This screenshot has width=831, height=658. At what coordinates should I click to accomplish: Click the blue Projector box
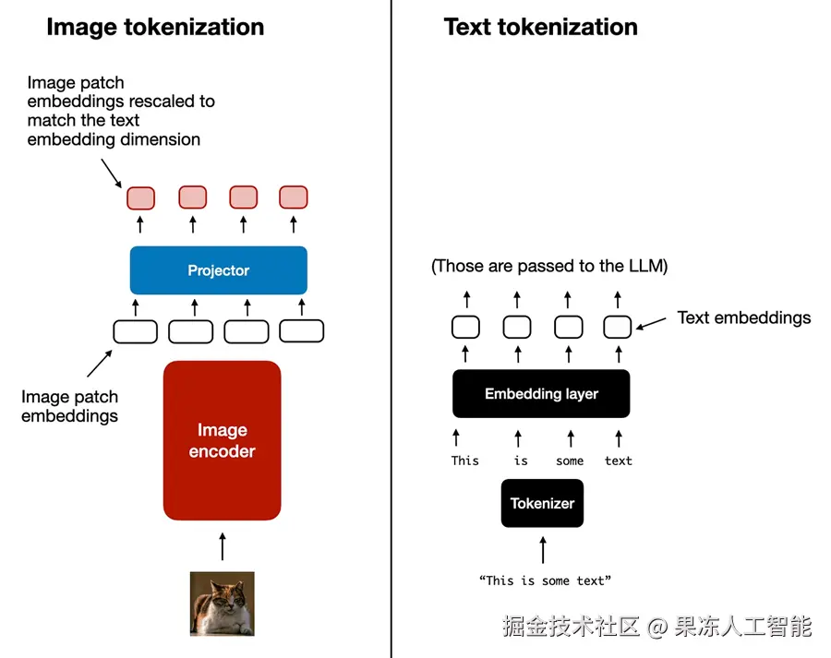coord(218,270)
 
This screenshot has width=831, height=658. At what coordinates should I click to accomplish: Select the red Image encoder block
coord(222,440)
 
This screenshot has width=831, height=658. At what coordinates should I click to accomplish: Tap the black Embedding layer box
coord(541,394)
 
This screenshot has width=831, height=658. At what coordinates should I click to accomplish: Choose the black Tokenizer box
coord(542,503)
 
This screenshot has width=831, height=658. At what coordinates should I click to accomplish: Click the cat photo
coord(222,604)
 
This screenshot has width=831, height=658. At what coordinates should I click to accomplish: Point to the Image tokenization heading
coord(155,27)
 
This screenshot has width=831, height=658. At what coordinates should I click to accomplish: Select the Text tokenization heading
coord(540,27)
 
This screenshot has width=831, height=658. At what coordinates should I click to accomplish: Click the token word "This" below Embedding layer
coord(464,461)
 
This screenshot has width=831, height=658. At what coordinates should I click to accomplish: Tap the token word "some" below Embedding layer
coord(570,461)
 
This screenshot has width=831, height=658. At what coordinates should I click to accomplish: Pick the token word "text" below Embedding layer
coord(619,461)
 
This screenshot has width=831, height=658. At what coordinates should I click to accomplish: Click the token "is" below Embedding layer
coord(521,461)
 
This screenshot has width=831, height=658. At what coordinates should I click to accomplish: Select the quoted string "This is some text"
coord(545,580)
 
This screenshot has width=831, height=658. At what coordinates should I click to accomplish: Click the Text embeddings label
coord(744,317)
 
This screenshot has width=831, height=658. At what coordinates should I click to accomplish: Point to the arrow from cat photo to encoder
coord(223,546)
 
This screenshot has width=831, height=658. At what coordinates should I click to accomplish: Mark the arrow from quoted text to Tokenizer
coord(543,550)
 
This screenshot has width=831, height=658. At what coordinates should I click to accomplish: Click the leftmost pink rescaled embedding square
coord(141,198)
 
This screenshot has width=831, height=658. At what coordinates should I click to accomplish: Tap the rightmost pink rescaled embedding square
coord(294,197)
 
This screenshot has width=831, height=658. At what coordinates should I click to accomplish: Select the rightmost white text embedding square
coord(618,327)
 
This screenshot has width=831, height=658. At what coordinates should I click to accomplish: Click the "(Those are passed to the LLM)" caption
coord(549,266)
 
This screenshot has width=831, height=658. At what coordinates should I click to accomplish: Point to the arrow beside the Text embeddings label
coord(651,323)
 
